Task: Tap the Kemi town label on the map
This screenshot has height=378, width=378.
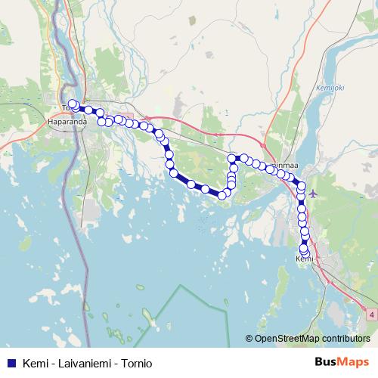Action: (x=304, y=259)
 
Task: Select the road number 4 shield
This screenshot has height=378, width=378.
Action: (x=372, y=311)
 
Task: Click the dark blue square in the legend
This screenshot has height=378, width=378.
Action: (x=11, y=363)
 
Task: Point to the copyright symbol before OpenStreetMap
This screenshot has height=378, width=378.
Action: (x=249, y=339)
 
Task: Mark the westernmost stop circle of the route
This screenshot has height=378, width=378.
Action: (x=73, y=104)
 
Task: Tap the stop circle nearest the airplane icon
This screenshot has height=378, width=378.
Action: (x=302, y=187)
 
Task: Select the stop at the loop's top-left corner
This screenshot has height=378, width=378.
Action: (x=233, y=159)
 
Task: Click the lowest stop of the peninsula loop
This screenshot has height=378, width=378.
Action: (x=222, y=195)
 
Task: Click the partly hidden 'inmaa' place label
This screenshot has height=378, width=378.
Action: (x=283, y=164)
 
